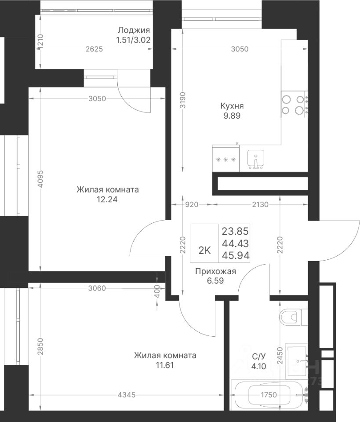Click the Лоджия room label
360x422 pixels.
point(134,30)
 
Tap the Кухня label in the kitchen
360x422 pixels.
point(232,106)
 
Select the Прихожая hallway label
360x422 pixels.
point(215,271)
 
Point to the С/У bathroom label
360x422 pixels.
point(258,357)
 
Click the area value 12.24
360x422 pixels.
point(107,200)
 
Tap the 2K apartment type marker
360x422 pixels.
point(204,251)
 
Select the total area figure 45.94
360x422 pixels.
point(236,255)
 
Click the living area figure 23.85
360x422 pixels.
point(235,231)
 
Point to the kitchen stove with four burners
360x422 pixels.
point(295,105)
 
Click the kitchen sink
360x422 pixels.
point(256,159)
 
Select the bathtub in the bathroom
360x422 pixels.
point(270,395)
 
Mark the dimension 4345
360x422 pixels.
point(127,395)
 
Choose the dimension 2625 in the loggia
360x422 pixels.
point(94,49)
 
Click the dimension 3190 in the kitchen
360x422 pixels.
point(183,100)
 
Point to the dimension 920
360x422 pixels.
point(192,204)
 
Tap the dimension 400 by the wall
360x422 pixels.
point(158,291)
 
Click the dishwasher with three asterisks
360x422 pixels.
point(226,159)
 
